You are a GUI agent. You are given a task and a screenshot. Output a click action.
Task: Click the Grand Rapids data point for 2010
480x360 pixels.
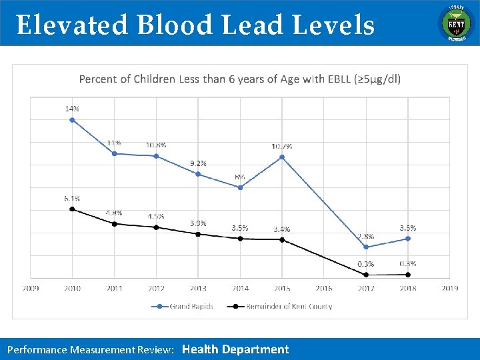[72, 120]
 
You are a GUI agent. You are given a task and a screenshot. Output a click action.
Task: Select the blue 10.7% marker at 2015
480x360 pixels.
[282, 157]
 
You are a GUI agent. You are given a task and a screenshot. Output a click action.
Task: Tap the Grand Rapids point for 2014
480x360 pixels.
[240, 187]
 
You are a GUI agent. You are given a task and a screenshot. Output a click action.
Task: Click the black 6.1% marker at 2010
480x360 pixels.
[72, 209]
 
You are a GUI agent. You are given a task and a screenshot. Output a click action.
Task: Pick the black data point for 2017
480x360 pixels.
[366, 275]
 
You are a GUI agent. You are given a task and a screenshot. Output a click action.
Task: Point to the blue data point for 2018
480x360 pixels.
[408, 238]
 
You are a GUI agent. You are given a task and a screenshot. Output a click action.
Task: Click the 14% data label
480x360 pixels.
[72, 108]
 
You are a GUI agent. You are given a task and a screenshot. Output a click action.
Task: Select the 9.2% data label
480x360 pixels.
[198, 163]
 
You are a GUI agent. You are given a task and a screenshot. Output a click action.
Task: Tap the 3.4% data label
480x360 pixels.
[282, 229]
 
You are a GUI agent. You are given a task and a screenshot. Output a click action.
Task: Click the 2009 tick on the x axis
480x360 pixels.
[31, 288]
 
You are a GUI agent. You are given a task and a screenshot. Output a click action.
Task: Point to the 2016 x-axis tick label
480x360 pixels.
[324, 288]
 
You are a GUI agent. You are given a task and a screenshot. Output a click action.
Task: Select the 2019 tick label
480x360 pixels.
[449, 288]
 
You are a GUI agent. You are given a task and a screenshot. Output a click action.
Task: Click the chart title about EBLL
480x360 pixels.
[240, 79]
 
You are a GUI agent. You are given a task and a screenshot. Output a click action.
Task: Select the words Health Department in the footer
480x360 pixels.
[235, 349]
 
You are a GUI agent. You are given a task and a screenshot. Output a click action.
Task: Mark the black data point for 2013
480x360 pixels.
[198, 234]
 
